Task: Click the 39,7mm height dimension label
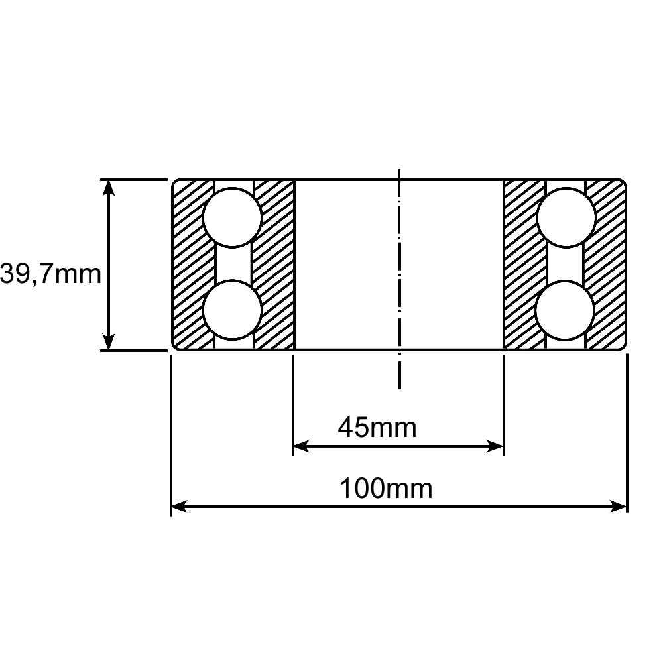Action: [51, 274]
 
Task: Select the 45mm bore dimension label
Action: [377, 427]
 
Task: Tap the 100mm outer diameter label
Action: [386, 489]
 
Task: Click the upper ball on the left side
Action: [232, 217]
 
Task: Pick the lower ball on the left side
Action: [232, 310]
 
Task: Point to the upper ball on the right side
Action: [566, 217]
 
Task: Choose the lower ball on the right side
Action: [565, 310]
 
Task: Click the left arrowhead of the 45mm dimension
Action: [300, 446]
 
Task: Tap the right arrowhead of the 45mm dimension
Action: [495, 446]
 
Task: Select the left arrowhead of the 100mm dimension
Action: [179, 506]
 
